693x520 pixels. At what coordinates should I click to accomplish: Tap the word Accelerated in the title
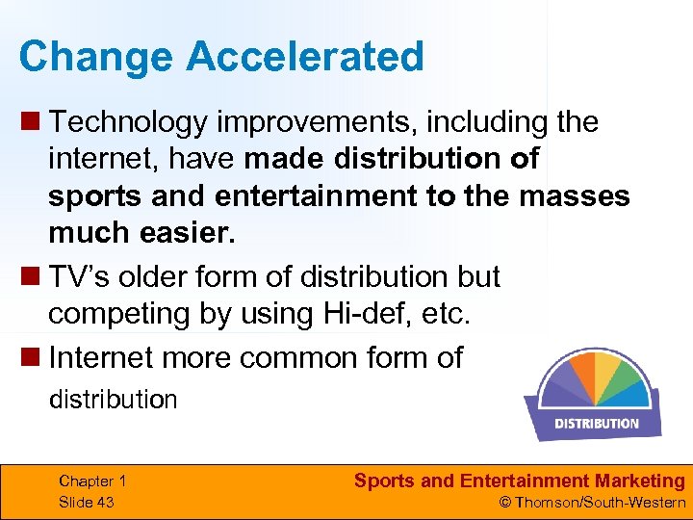coord(305,57)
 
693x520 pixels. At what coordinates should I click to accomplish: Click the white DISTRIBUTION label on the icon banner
coord(596,423)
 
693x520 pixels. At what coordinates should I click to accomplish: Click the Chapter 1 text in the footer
coord(92,481)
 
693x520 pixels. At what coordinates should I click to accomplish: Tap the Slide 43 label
coord(87,502)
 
